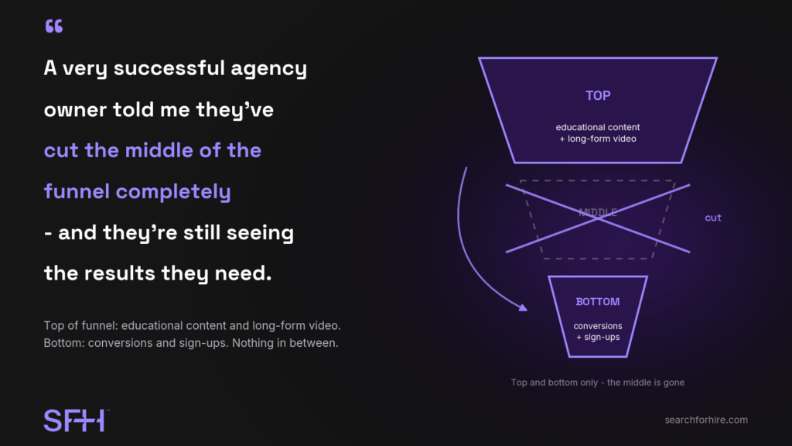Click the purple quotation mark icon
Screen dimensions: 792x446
(54, 26)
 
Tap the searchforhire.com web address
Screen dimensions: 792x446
(705, 420)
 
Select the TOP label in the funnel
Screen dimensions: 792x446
(598, 95)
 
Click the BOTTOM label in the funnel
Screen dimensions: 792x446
(598, 302)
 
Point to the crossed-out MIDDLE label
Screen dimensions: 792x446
(598, 212)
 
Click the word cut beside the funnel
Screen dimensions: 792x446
(712, 218)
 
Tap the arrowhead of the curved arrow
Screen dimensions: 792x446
(523, 307)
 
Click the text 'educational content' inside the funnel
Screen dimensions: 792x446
(598, 128)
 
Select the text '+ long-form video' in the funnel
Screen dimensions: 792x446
(598, 139)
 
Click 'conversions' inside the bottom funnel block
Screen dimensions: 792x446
(598, 326)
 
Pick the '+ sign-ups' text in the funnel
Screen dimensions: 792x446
(598, 338)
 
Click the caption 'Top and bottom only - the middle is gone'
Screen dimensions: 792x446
(598, 383)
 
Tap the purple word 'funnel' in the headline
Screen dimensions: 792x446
(77, 191)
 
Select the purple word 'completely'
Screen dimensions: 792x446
(173, 193)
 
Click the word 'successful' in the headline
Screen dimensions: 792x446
(169, 68)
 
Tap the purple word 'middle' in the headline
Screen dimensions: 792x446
(159, 150)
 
